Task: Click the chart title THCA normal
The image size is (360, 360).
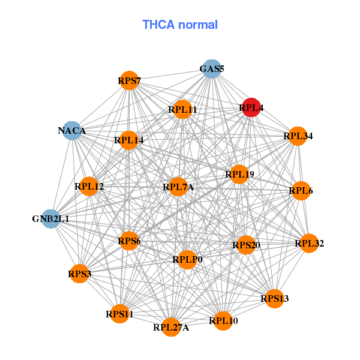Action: click(x=180, y=25)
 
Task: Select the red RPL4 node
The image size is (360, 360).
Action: click(x=251, y=107)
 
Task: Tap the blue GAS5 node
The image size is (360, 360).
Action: click(x=211, y=69)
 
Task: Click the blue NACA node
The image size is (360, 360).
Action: click(x=72, y=130)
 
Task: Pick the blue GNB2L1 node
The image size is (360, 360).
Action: click(x=51, y=218)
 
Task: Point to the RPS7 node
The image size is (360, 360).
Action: click(x=130, y=80)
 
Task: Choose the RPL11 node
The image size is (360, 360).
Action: click(x=182, y=109)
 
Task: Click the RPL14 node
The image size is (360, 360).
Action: click(x=129, y=140)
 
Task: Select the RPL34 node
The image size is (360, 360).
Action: click(x=298, y=136)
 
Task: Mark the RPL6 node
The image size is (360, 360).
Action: click(x=301, y=191)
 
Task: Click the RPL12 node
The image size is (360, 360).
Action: click(x=89, y=187)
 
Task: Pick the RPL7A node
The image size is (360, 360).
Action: click(x=178, y=187)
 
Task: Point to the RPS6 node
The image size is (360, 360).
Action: click(x=129, y=241)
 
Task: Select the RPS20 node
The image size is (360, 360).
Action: click(x=246, y=245)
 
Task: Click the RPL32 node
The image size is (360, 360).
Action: click(x=309, y=243)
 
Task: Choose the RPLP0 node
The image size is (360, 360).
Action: click(x=188, y=259)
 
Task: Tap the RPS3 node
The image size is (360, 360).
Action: click(x=79, y=274)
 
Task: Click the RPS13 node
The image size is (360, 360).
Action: click(x=274, y=298)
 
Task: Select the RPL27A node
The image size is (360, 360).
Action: click(x=171, y=327)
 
